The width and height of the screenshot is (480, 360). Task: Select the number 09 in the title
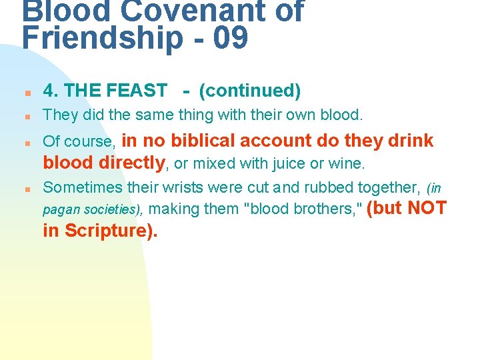coord(231,38)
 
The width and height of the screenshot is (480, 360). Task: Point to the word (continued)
coord(250,90)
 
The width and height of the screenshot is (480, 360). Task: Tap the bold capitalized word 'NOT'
coord(427,208)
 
